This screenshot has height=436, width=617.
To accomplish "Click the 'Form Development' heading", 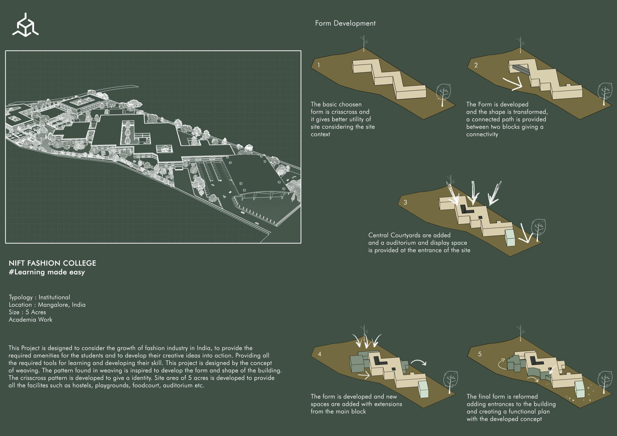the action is (345, 23).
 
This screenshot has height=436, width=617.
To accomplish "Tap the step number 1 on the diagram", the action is (318, 65).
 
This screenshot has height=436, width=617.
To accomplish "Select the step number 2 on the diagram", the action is (476, 65).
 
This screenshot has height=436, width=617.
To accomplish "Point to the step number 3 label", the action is (405, 202).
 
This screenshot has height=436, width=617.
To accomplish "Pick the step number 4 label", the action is (319, 354).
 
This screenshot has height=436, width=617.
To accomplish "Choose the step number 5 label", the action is (480, 354).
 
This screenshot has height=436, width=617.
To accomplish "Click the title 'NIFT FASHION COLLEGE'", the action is (52, 263).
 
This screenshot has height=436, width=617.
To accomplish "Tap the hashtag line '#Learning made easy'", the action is (47, 272).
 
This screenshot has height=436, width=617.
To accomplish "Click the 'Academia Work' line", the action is (30, 319).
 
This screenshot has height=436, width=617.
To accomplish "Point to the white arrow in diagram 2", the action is (513, 84).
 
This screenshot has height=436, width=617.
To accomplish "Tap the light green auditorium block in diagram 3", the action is (509, 237).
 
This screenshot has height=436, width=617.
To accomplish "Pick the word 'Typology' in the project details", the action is (21, 297).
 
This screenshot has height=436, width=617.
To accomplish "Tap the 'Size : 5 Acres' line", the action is (27, 312).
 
